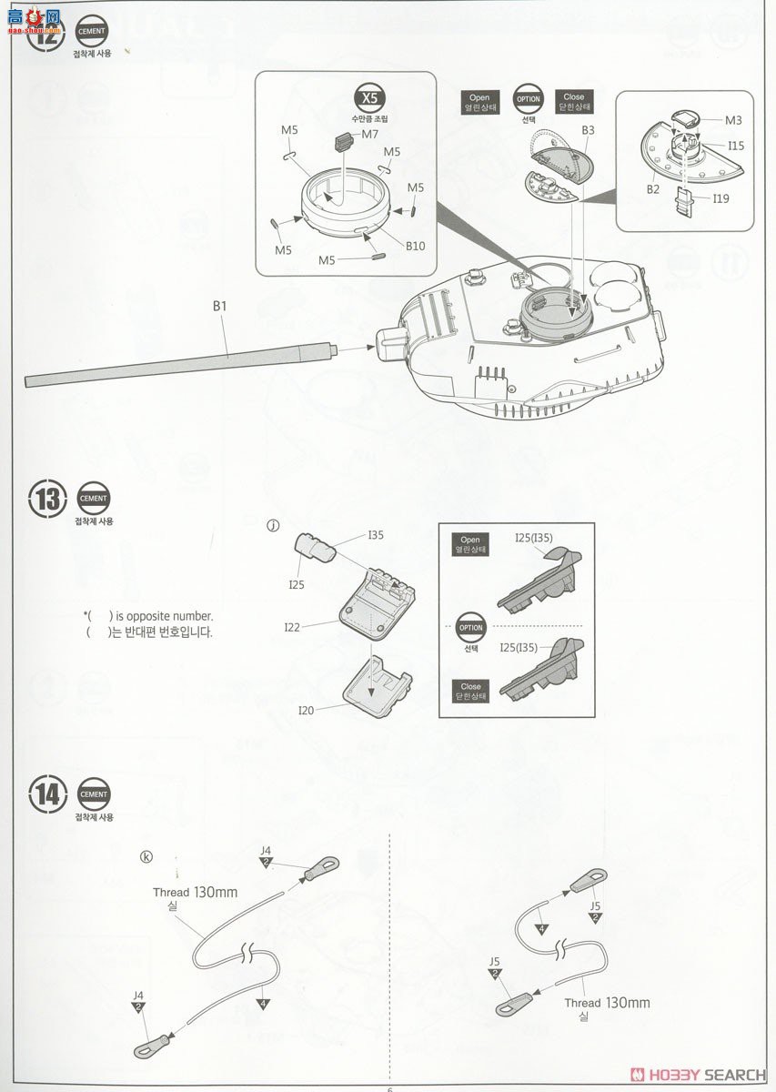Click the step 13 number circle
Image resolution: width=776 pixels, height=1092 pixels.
(x=48, y=499)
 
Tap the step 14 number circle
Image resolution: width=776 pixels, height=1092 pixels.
(x=48, y=794)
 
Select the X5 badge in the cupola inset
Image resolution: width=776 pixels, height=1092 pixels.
(x=368, y=99)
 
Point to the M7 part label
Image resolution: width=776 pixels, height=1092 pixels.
(x=369, y=135)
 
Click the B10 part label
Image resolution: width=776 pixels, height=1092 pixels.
(x=415, y=246)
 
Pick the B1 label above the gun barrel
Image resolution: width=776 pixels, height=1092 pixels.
(x=218, y=307)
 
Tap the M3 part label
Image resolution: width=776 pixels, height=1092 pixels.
(x=733, y=120)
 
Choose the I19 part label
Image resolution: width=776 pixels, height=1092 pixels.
(x=721, y=197)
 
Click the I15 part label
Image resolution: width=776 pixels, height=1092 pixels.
(x=735, y=146)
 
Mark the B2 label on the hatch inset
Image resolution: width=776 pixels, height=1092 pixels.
(x=652, y=189)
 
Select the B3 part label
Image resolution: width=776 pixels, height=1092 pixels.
(x=588, y=130)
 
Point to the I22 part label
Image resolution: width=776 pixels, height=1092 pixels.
(x=292, y=626)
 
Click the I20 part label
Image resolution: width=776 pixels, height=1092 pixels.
(x=306, y=711)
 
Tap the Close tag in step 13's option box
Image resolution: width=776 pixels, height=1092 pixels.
(x=470, y=692)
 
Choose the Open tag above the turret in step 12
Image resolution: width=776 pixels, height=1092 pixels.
(x=479, y=102)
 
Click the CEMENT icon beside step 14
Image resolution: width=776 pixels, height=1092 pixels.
(x=94, y=794)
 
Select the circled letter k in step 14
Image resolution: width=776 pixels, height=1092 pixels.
(x=146, y=855)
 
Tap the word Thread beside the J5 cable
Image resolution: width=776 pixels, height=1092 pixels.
(x=582, y=1003)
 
